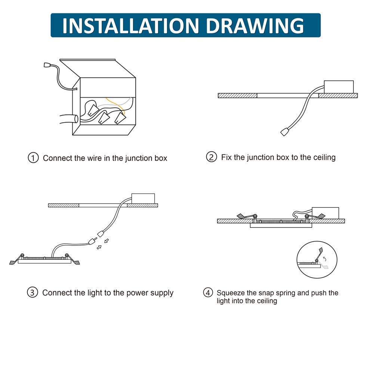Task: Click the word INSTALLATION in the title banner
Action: (131, 25)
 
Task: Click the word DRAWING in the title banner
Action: (255, 25)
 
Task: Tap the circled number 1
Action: (33, 158)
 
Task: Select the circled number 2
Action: (211, 157)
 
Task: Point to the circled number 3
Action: (33, 292)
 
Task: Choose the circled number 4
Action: (208, 293)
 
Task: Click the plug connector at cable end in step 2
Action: (285, 132)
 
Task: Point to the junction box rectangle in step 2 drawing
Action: (339, 87)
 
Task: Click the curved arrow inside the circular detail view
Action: (325, 259)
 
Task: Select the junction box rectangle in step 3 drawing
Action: (143, 199)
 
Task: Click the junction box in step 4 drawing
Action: (325, 213)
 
